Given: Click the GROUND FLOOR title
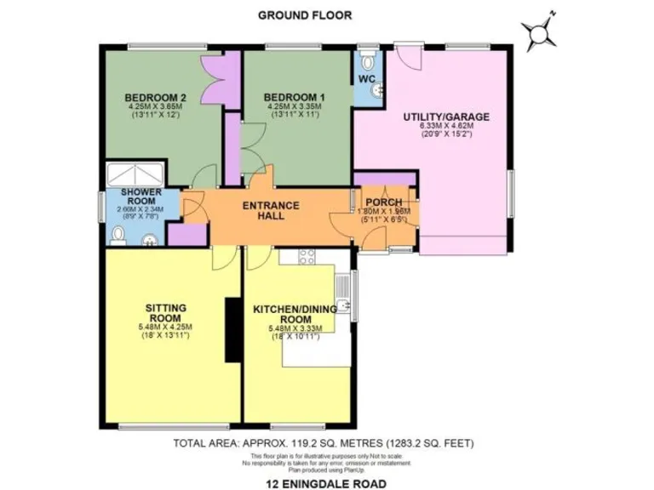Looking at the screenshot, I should click(305, 14).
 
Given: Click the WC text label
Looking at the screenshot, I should click(366, 79).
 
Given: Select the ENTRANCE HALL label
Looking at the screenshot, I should click(271, 210).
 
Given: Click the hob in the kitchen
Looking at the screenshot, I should click(307, 259).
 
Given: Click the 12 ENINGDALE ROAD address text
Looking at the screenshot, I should click(325, 482).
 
